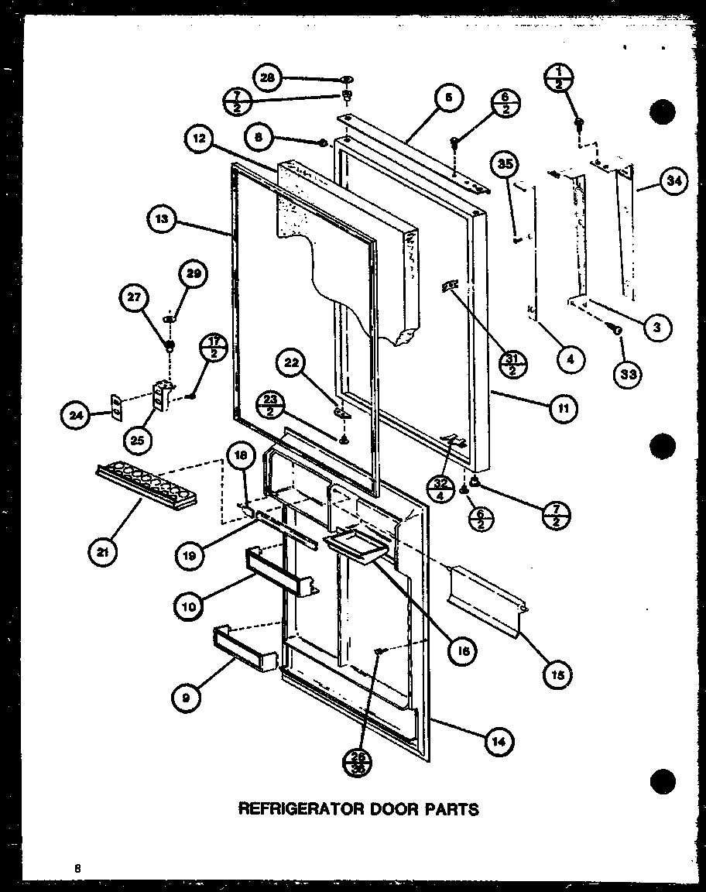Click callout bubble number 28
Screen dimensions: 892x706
pos(267,78)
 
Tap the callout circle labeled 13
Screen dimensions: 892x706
pos(161,219)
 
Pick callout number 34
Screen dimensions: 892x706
pos(672,184)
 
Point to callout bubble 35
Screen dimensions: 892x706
pos(507,164)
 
